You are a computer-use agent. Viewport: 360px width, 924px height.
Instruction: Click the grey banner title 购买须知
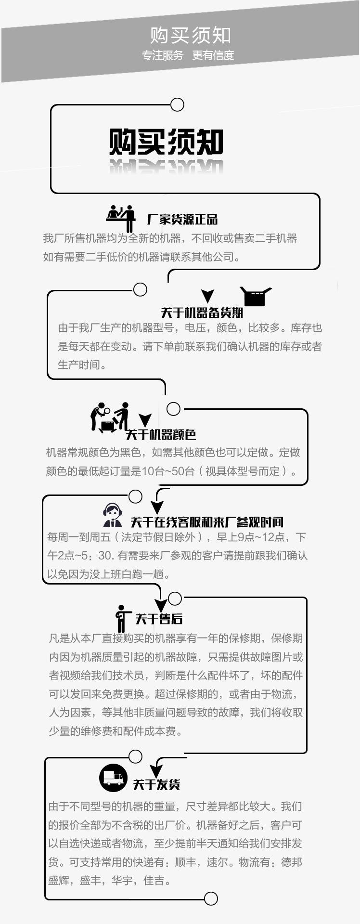coord(191,35)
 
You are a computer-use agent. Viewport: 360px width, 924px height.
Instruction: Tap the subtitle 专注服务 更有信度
coord(188,55)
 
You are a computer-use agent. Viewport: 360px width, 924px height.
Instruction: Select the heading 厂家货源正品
coord(182,220)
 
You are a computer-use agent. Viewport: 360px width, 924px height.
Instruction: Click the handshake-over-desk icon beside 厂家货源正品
coord(121,217)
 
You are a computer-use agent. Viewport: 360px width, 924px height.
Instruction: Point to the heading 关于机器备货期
coord(202,313)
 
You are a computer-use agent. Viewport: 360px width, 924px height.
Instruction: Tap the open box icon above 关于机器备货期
coord(255,296)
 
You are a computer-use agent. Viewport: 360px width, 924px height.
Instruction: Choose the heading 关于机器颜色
coord(161,435)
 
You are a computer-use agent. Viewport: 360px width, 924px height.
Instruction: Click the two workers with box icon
coord(110,416)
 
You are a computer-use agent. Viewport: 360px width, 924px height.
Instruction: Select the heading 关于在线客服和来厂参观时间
coord(207,522)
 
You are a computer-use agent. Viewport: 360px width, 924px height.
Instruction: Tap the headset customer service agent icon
coord(112,515)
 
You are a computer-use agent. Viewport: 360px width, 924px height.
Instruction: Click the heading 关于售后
coord(158,619)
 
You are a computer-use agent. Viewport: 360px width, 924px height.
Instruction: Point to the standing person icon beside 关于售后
coord(122,618)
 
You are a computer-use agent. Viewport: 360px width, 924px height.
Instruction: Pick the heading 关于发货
coord(156,784)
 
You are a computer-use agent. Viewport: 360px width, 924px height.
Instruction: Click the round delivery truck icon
coord(113,778)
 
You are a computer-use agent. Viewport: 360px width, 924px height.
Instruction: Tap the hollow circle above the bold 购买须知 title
coord(178,104)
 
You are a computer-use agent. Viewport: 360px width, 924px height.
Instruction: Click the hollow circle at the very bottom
coord(211,898)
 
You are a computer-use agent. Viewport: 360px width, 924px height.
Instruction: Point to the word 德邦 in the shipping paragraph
coord(292,862)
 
